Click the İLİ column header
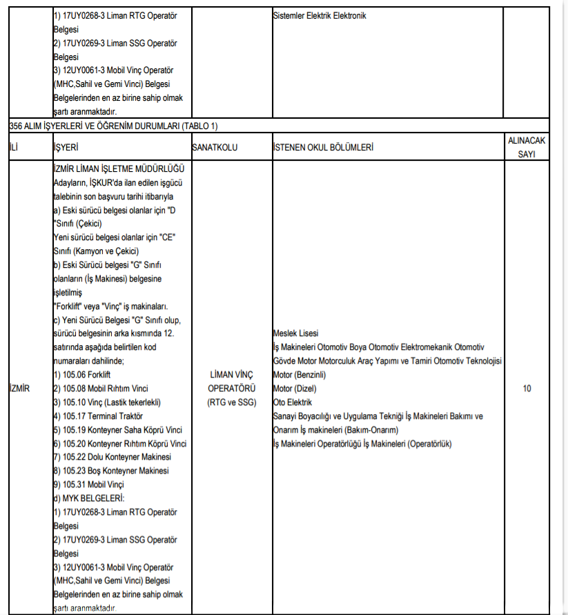point(14,148)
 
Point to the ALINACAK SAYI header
point(527,147)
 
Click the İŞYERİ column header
point(66,148)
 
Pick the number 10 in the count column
point(527,389)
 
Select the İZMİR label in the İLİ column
point(20,389)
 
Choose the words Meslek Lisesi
point(296,333)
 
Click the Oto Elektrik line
point(293,402)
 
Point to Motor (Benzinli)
point(299,375)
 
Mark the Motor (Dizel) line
point(294,389)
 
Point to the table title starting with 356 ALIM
point(114,126)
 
